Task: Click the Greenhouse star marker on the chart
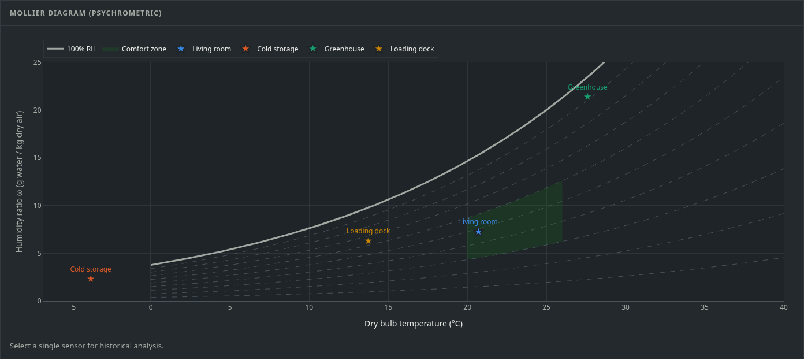point(587,97)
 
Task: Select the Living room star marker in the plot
point(478,232)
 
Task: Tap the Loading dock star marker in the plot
point(368,241)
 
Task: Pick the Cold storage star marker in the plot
point(91,279)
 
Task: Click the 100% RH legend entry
point(72,49)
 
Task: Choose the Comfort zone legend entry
point(134,49)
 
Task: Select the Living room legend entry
point(204,49)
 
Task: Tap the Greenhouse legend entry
point(337,49)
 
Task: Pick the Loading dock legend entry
point(404,49)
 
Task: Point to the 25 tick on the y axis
point(38,62)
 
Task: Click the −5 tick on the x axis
point(72,307)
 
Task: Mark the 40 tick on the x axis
point(784,307)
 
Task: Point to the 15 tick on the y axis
point(38,158)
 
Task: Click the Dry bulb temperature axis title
point(414,324)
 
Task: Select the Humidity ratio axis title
point(20,181)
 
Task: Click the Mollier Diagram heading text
point(86,13)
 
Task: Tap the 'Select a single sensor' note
point(87,346)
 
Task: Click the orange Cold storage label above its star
point(91,269)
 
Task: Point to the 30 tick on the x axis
point(626,307)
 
